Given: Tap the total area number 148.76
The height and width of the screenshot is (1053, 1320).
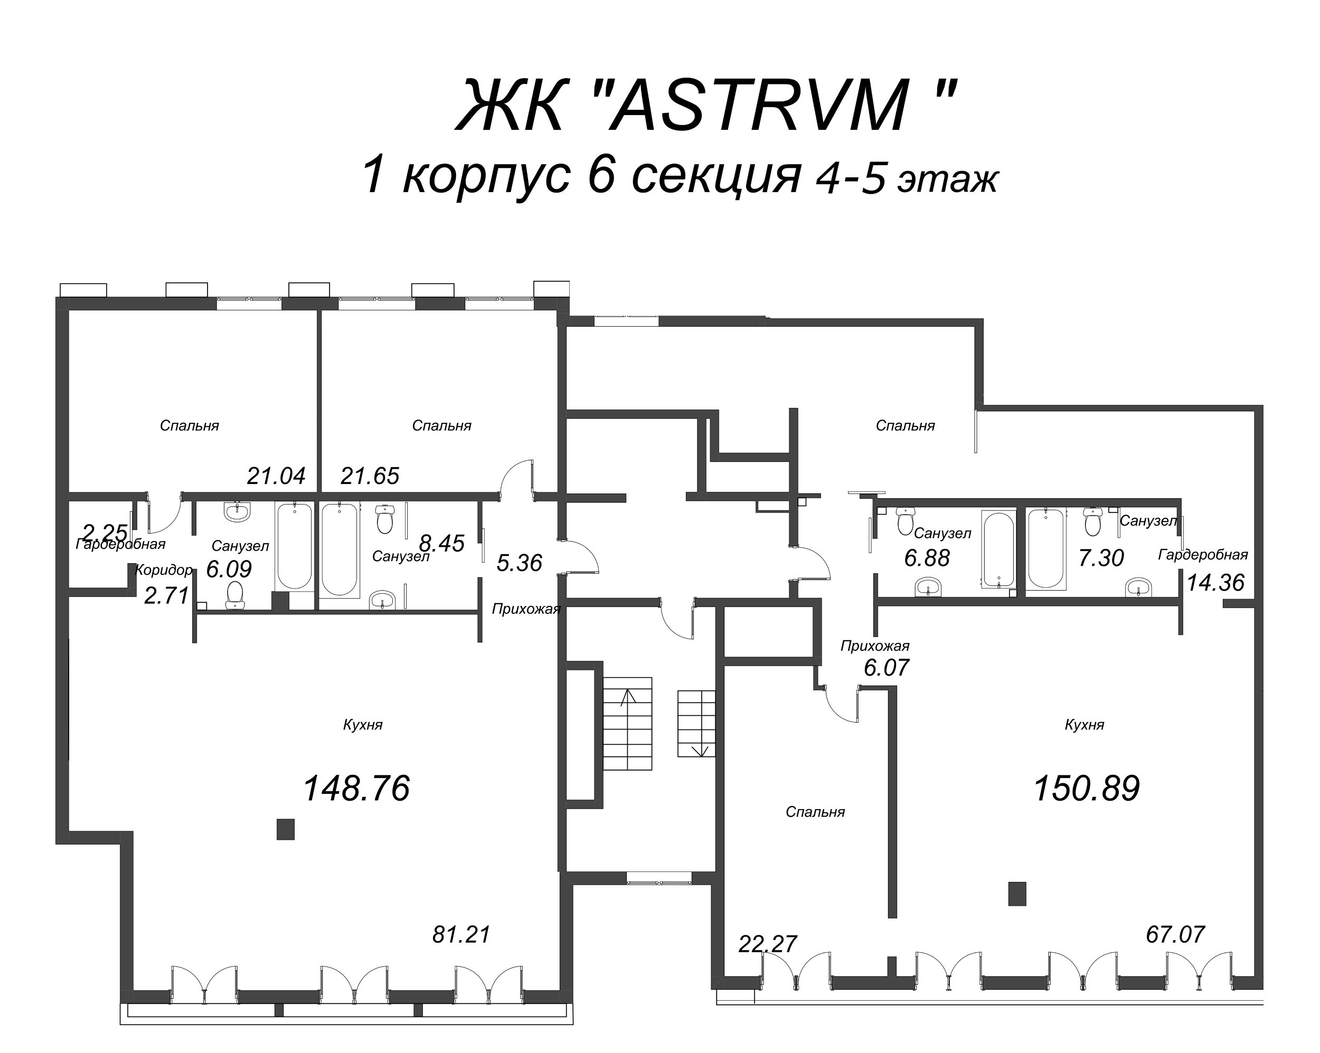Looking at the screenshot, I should point(356,788).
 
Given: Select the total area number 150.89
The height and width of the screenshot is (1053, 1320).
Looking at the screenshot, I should point(1086,788).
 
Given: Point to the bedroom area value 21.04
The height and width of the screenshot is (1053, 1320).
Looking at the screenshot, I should point(276,476).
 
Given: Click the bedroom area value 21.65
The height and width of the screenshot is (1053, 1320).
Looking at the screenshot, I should point(370,476).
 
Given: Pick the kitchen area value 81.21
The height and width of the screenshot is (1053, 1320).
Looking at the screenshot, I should point(461,935).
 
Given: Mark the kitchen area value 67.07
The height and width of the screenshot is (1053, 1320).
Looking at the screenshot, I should point(1175,934).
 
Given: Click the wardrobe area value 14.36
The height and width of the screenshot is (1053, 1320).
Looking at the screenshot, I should point(1215,582).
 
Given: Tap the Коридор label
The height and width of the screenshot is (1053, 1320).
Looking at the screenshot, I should point(164,570).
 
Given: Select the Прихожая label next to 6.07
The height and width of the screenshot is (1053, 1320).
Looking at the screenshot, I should point(874,646).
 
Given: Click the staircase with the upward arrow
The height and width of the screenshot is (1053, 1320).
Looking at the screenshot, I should point(628,723).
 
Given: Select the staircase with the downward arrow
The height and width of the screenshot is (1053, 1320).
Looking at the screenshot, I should point(696,723).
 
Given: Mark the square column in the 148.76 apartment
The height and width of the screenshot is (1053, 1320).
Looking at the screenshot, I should point(285,829).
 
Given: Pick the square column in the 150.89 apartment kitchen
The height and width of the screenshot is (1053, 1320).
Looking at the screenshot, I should point(1017,893).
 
